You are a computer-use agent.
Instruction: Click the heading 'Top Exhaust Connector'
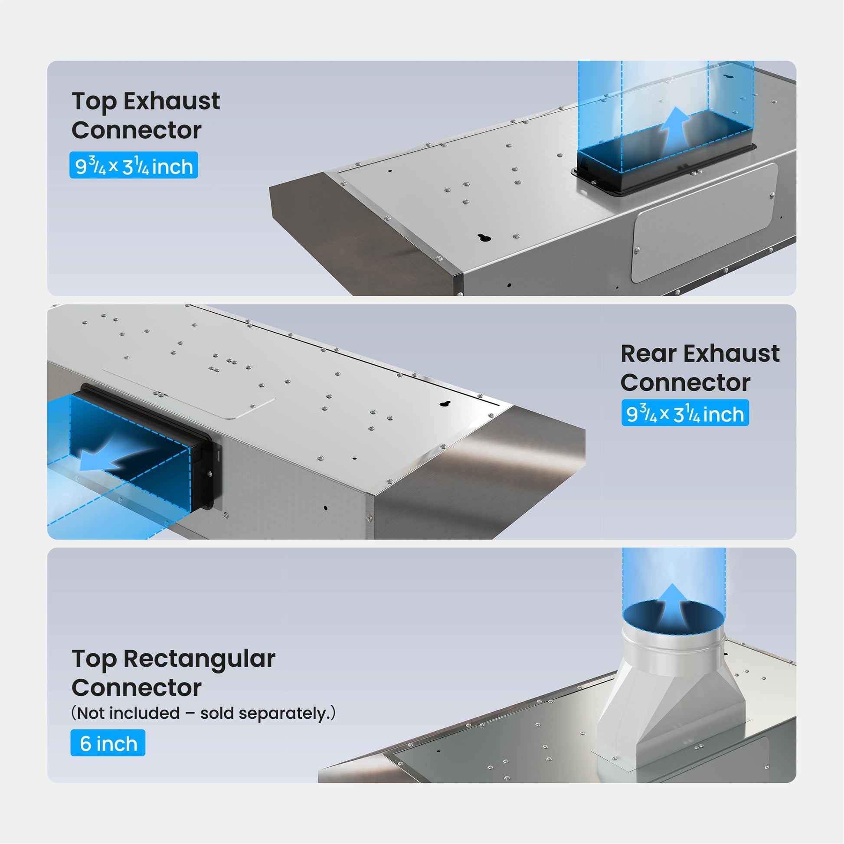pyautogui.click(x=145, y=115)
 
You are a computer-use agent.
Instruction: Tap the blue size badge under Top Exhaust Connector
pyautogui.click(x=134, y=165)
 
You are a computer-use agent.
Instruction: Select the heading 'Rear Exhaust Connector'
pyautogui.click(x=700, y=368)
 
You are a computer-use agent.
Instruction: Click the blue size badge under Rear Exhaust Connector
pyautogui.click(x=685, y=413)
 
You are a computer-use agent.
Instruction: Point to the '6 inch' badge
pyautogui.click(x=108, y=743)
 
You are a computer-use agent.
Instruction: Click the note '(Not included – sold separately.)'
pyautogui.click(x=203, y=713)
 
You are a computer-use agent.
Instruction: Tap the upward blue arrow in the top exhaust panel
pyautogui.click(x=675, y=129)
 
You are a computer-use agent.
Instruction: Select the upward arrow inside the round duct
pyautogui.click(x=673, y=606)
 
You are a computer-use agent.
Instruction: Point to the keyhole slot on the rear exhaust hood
pyautogui.click(x=445, y=403)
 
